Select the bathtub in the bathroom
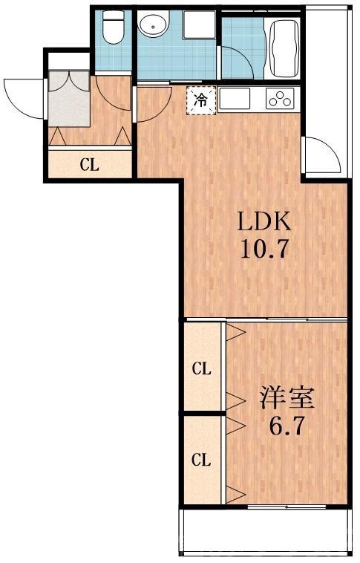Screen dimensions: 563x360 [283, 47]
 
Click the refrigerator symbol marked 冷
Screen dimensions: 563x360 [201, 99]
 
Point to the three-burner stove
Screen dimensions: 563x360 [281, 97]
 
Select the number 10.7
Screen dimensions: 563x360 [263, 247]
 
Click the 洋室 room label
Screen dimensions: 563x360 [287, 398]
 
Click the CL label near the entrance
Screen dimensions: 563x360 [90, 165]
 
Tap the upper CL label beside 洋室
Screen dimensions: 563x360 [202, 368]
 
